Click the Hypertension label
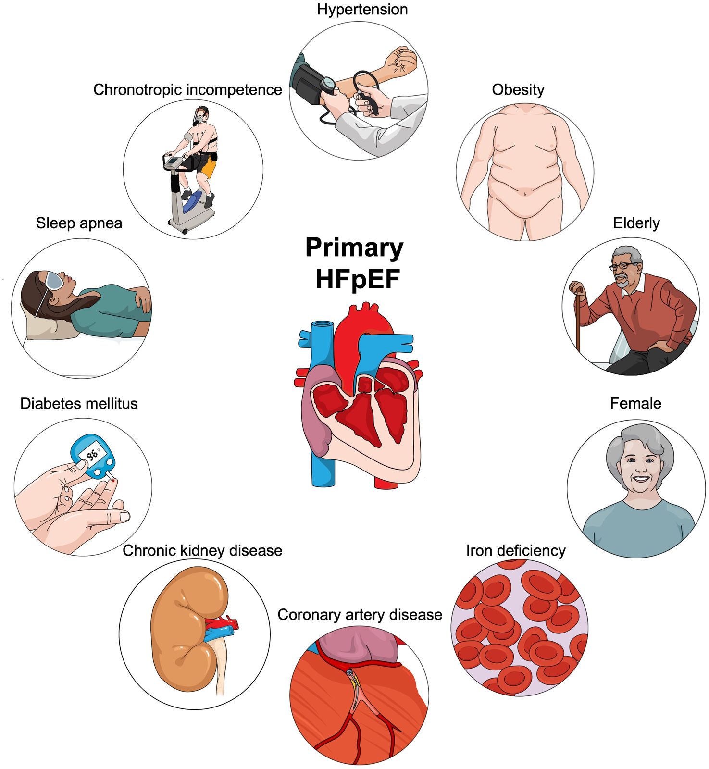click(362, 10)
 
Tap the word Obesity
click(518, 90)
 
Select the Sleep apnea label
click(79, 223)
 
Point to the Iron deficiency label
click(515, 551)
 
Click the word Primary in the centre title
click(354, 248)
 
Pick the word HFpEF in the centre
click(358, 279)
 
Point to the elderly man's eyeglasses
click(623, 266)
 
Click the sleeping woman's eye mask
click(54, 280)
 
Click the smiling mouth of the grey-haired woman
click(640, 479)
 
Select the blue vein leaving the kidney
click(220, 633)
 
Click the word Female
click(635, 404)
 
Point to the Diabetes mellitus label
click(79, 404)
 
